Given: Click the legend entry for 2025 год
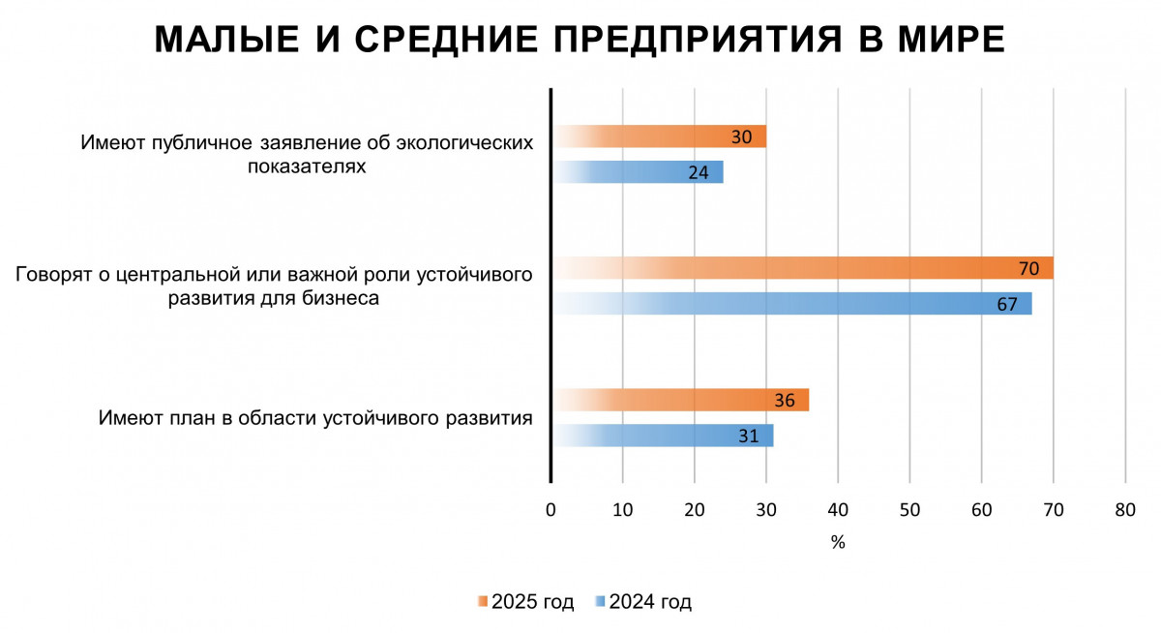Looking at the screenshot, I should [526, 602].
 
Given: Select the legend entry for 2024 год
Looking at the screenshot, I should [644, 602].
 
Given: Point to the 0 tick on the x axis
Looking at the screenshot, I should [551, 510].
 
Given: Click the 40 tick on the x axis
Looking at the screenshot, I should [838, 510].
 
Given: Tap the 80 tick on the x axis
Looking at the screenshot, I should [1124, 510].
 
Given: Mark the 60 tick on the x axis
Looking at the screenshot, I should [981, 510].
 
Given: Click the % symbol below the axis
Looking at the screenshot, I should [838, 543].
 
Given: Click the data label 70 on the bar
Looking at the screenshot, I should [1028, 268].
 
